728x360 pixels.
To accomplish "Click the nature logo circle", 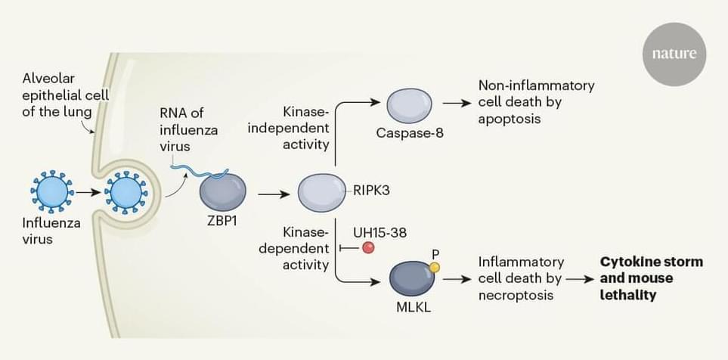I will coord(674,55).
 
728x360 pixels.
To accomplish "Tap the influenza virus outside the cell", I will coord(53,192).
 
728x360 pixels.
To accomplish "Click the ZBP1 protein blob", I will coord(222,192).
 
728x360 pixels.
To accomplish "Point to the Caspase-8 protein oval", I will coord(409,105).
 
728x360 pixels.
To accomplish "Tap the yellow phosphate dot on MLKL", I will coord(434,267).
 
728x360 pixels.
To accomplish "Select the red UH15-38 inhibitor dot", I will coord(368,247).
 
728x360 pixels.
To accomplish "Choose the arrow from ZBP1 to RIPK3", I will coord(274,194).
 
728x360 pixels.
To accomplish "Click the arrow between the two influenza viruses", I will coord(88,193).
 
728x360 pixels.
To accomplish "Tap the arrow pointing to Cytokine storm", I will coord(578,279).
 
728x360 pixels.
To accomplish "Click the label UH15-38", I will coord(379,232).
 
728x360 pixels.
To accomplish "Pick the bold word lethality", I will coord(627,295).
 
